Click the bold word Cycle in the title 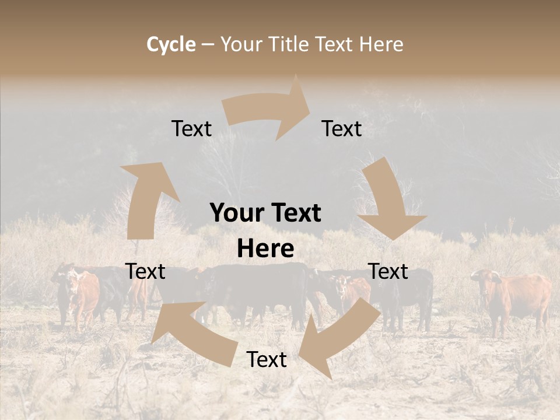click(x=171, y=44)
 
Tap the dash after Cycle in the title click(x=207, y=44)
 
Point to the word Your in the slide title click(x=240, y=44)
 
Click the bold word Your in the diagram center click(x=237, y=213)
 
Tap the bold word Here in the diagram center click(x=265, y=249)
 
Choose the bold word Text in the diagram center click(x=293, y=213)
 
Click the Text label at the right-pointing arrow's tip click(x=342, y=128)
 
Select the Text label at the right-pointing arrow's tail click(x=191, y=128)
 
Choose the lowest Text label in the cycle click(x=267, y=359)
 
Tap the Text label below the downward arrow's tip click(x=388, y=271)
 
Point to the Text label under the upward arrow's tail click(x=145, y=271)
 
